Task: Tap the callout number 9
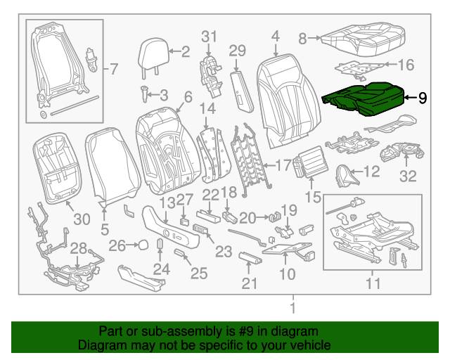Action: [x=422, y=98]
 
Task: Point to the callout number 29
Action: [x=238, y=50]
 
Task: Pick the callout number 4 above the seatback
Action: [x=275, y=34]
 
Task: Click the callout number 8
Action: [x=303, y=38]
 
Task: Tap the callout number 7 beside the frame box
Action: [x=115, y=69]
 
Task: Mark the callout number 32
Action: [x=408, y=176]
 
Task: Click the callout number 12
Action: [x=371, y=171]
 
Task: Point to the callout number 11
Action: [x=373, y=284]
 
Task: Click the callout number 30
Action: [x=82, y=220]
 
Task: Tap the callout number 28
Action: [x=78, y=247]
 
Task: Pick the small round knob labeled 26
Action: [x=141, y=245]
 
